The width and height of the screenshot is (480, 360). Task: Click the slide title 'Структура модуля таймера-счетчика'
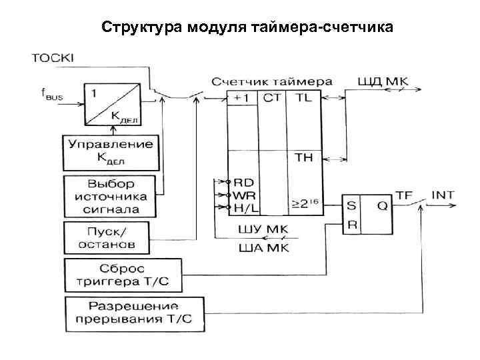pos(247,27)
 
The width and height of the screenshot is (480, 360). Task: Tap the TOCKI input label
pos(53,58)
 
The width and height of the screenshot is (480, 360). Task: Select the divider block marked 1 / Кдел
pos(110,104)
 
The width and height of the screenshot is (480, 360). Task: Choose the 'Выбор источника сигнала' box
pos(110,196)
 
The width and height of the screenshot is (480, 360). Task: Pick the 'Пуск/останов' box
pos(110,237)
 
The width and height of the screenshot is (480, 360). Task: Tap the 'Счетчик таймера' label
pos(272,81)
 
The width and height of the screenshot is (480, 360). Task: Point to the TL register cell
pos(303,97)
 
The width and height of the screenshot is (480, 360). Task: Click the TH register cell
pos(303,158)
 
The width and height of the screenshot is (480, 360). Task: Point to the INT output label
pos(443,195)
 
